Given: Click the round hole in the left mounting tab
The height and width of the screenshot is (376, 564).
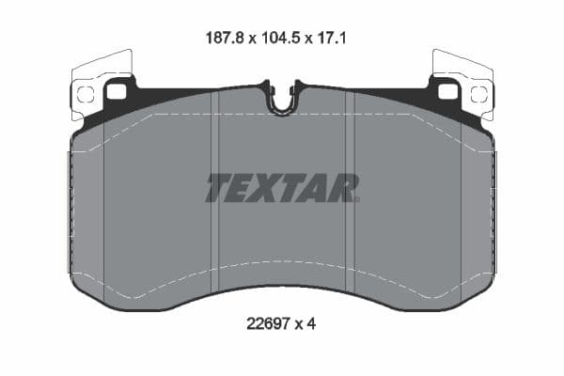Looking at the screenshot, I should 85,93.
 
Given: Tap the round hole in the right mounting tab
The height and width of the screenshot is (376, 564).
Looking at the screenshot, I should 478,93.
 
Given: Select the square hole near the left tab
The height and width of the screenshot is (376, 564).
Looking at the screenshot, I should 117,91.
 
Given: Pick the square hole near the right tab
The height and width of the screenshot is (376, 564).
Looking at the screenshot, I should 447,91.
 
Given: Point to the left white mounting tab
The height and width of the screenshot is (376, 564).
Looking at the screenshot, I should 98,80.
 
